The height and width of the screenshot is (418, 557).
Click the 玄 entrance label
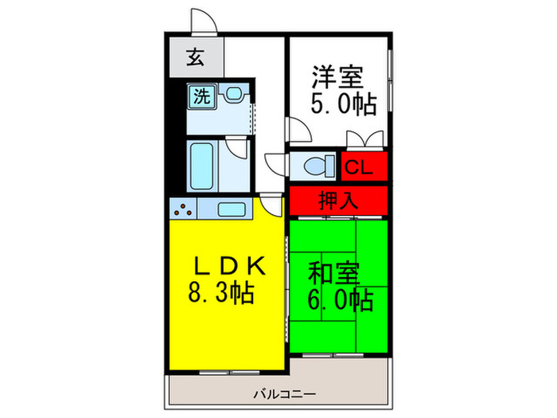[195, 57]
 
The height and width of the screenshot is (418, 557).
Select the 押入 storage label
[338, 201]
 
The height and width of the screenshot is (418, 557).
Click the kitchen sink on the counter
[232, 209]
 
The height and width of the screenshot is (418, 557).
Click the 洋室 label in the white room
[337, 77]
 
